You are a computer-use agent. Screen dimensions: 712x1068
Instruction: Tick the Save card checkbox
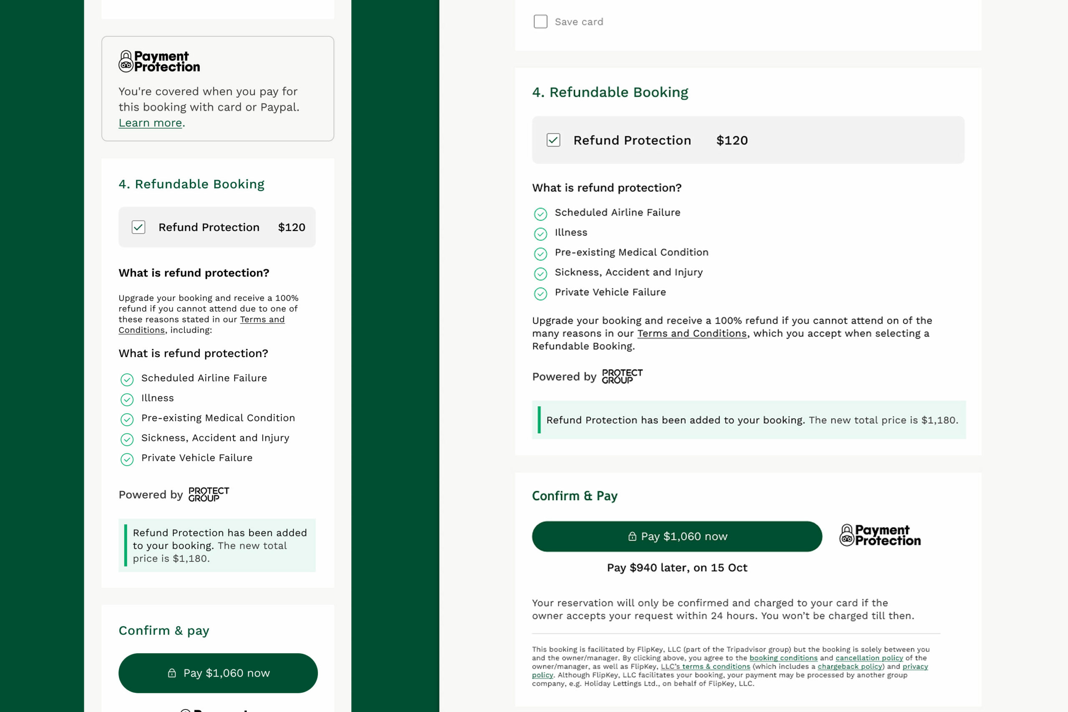point(540,22)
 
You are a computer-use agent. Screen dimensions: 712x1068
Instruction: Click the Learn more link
point(150,123)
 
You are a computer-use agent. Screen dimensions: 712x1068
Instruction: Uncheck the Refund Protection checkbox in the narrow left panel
point(139,227)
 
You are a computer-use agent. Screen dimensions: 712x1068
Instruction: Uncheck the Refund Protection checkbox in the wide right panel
point(553,140)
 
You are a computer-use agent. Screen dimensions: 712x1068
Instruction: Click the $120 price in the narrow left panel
point(292,227)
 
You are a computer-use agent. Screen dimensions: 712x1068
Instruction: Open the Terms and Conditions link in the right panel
point(692,334)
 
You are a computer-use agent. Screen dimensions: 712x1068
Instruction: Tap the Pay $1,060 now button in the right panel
point(677,536)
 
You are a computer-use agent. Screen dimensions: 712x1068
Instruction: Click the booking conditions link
point(783,658)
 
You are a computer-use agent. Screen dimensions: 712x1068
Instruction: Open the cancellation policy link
point(869,658)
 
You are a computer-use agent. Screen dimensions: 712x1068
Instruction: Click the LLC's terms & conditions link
point(705,667)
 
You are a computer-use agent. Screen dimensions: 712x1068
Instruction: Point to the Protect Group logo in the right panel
point(622,376)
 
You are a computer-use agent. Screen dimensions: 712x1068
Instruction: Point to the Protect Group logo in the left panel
point(209,495)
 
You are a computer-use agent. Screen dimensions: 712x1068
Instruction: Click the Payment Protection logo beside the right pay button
point(880,536)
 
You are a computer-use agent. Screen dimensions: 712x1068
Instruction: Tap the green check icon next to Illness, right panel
point(540,234)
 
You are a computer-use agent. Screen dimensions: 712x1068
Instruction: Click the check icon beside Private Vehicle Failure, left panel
point(127,460)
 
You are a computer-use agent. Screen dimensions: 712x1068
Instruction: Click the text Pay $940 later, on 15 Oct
point(677,568)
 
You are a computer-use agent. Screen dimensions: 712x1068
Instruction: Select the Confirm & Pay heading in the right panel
point(574,496)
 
